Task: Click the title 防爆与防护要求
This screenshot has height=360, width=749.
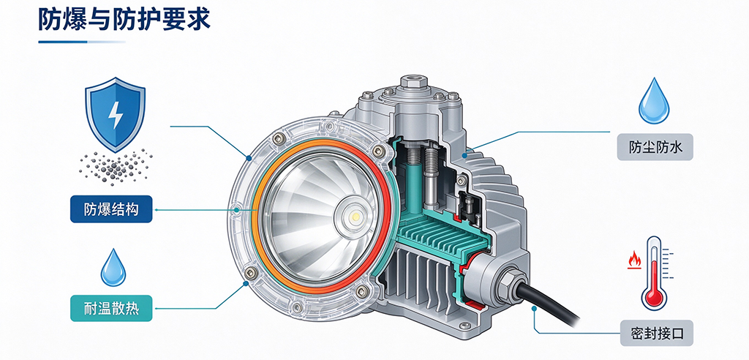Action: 124,20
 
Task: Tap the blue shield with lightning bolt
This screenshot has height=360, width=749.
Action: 115,115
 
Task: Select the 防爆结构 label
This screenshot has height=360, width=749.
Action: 111,209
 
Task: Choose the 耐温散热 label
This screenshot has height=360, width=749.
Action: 111,308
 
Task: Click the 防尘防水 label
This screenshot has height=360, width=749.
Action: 655,147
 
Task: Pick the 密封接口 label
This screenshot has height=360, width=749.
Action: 656,333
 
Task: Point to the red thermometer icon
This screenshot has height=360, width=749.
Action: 655,273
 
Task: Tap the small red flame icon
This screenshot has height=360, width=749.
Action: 634,260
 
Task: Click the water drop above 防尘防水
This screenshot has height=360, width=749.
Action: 654,101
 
